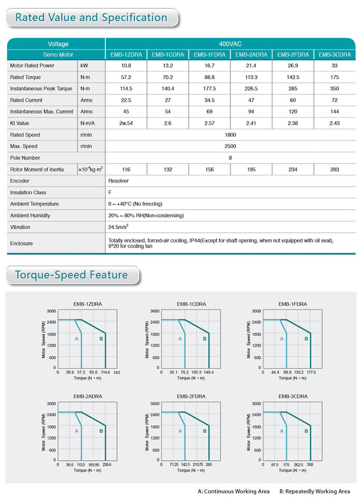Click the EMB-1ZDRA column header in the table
click(x=126, y=55)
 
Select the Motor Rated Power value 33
click(x=334, y=66)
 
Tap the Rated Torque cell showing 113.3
click(x=251, y=77)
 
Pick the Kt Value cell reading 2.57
click(x=209, y=123)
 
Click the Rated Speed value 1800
click(x=230, y=135)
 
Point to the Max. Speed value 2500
click(x=230, y=146)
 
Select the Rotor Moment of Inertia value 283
click(x=334, y=169)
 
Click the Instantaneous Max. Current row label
click(x=41, y=111)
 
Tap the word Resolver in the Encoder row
click(x=118, y=181)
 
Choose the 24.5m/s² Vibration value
click(x=118, y=227)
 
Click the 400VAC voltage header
click(x=230, y=44)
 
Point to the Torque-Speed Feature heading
click(x=72, y=275)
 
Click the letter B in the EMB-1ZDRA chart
click(x=101, y=339)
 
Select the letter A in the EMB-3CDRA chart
click(x=282, y=431)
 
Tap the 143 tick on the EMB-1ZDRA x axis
click(x=117, y=373)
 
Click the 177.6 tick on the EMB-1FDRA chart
click(x=311, y=372)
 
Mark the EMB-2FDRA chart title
click(x=191, y=396)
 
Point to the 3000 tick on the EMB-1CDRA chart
click(x=155, y=311)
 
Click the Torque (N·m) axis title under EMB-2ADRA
click(x=87, y=471)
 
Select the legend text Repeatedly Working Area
click(x=317, y=491)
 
